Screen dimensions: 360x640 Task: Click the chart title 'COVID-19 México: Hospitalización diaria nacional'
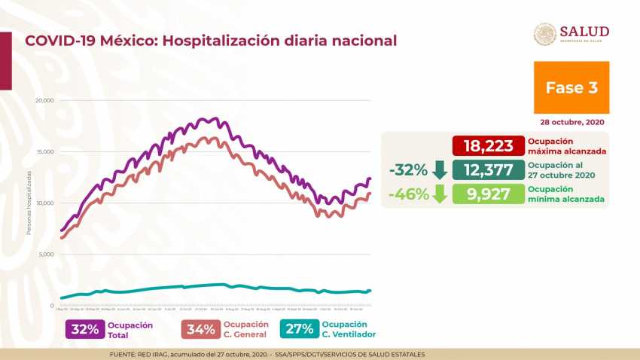tap(211, 40)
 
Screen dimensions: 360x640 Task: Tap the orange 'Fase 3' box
tap(571, 87)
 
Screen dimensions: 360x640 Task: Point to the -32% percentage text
tap(409, 169)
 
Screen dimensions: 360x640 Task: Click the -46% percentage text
tap(409, 194)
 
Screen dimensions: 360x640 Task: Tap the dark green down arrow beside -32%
tap(441, 169)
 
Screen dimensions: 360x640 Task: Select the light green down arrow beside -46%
tap(441, 194)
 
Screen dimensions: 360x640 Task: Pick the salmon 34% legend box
tap(200, 329)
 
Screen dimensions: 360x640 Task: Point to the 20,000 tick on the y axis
tap(44, 100)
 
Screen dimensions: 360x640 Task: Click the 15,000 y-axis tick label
tap(44, 151)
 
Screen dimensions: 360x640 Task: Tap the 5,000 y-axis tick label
tap(46, 255)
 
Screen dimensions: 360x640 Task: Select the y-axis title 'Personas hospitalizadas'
tap(29, 202)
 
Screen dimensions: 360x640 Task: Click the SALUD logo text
tap(584, 32)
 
